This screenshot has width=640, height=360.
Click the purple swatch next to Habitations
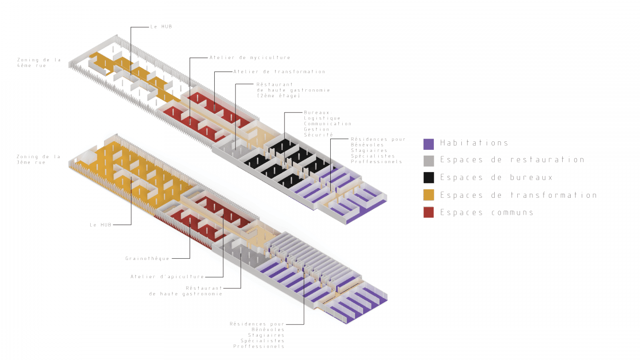coord(429,144)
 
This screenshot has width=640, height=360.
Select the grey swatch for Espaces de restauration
coord(429,160)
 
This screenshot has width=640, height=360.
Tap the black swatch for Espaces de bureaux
coord(429,178)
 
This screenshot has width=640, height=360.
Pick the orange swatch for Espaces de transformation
coord(429,195)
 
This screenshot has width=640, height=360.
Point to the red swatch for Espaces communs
coord(429,212)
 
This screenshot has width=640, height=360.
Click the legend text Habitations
coord(474,143)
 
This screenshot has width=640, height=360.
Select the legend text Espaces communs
coord(487,212)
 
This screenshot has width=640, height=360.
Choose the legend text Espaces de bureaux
coord(496,177)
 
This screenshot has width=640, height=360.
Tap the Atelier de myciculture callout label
coord(250,57)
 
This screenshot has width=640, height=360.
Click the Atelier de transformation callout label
coord(279,72)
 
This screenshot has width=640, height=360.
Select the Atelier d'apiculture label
coord(167,277)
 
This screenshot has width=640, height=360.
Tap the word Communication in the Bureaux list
coord(328,124)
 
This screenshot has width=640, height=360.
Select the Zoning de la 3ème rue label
coord(38,160)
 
